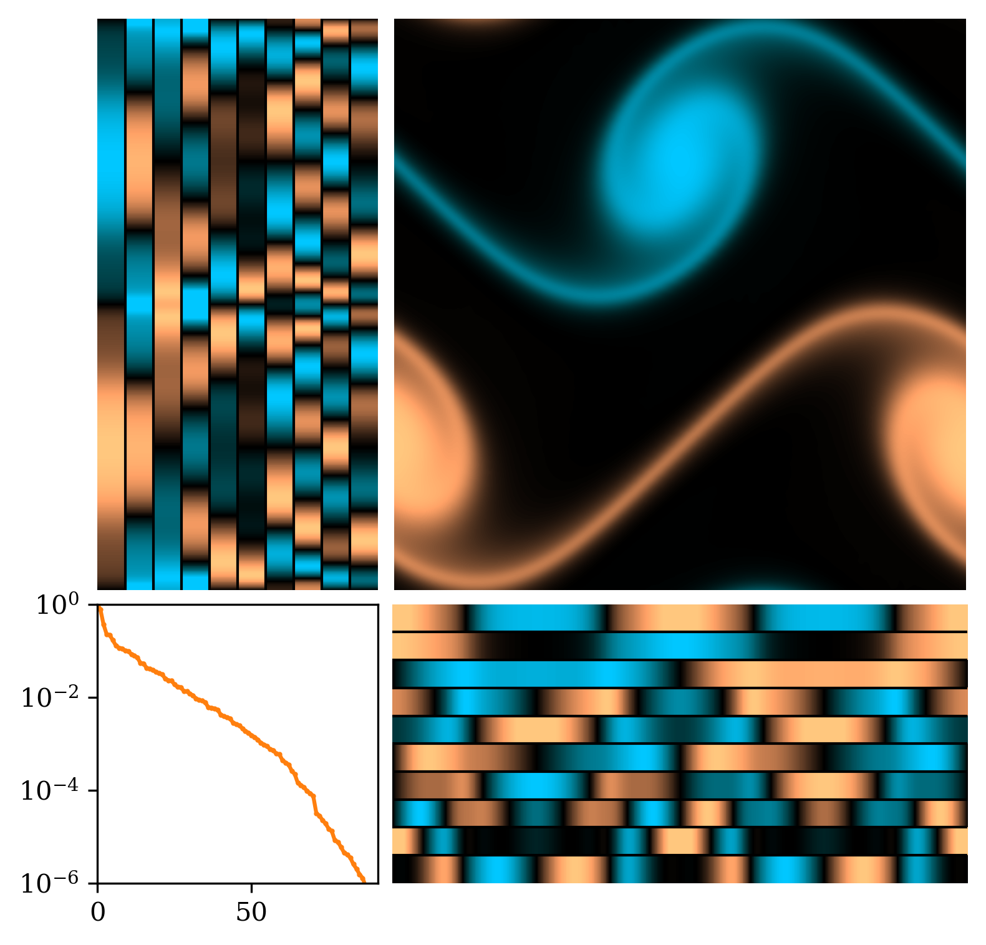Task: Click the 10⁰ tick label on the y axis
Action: click(57, 606)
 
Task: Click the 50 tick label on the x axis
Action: click(251, 913)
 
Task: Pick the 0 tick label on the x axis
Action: click(98, 913)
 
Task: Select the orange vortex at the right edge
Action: click(935, 437)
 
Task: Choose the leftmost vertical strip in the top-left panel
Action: click(112, 304)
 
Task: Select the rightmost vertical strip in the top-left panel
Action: click(364, 304)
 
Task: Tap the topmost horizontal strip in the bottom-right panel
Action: click(680, 618)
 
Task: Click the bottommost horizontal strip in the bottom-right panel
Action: click(680, 869)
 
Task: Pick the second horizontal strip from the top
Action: click(680, 646)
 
